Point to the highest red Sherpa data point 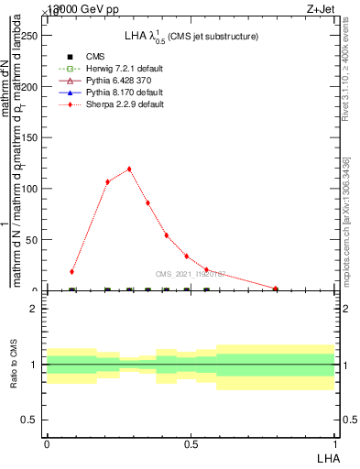coord(129,169)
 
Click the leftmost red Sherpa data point coord(71,271)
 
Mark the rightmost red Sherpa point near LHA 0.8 coord(275,289)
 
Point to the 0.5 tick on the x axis coord(191,443)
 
